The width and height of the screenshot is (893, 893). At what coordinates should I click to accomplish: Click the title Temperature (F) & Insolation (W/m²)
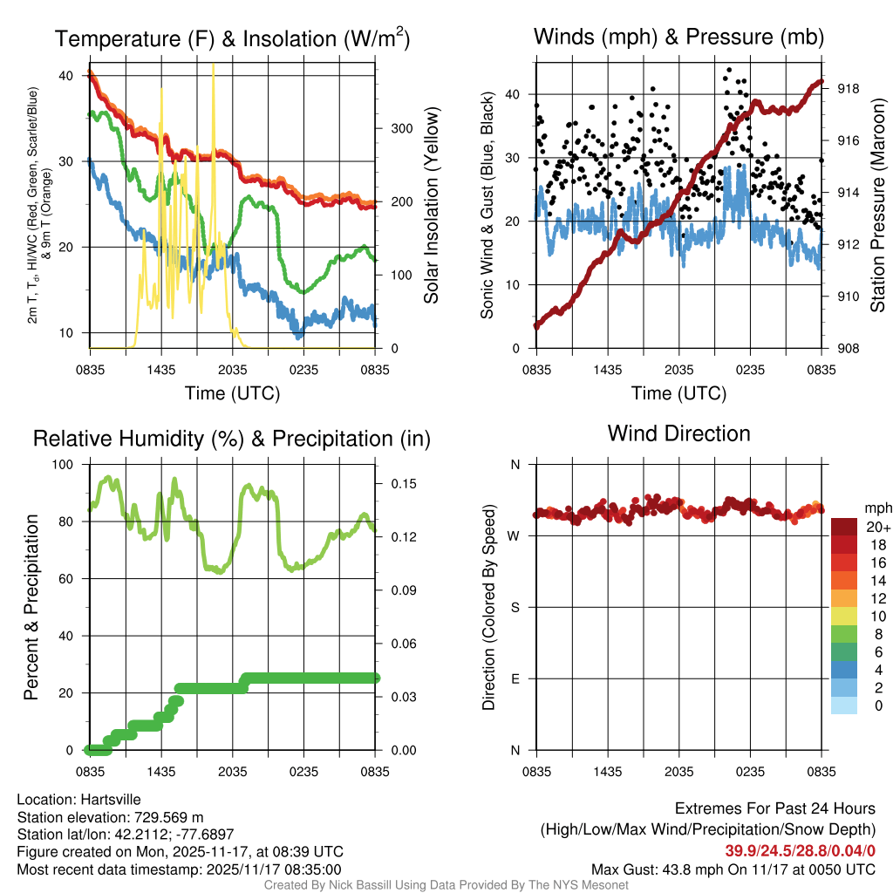coord(233,39)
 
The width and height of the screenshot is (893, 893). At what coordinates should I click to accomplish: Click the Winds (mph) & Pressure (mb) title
coord(678,37)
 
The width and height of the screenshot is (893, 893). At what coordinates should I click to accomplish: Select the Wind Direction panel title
coord(678,433)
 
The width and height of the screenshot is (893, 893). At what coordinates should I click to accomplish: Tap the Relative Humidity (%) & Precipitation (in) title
coord(231,439)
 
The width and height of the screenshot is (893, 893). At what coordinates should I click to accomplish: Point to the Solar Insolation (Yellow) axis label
coord(431,205)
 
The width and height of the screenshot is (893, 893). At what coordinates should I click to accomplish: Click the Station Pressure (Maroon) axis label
coord(877,205)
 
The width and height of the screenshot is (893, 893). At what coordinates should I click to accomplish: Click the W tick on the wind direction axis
coord(515,535)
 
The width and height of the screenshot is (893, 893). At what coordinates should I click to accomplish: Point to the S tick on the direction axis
coord(515,607)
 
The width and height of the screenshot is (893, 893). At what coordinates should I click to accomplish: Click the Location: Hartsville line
coord(78,800)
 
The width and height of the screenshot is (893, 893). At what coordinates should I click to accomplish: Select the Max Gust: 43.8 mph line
coord(733,869)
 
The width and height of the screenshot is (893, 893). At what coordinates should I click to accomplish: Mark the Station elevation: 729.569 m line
coord(110,817)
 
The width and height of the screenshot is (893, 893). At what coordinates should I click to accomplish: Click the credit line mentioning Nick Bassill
coord(446,885)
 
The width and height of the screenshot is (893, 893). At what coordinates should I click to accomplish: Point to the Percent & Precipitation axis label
coord(31,607)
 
